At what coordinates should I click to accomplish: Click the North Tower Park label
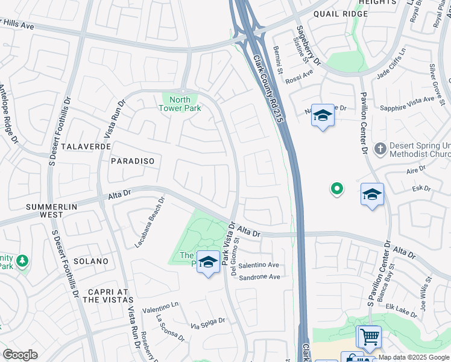pyautogui.click(x=180, y=104)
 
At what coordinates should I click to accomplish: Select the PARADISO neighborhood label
pyautogui.click(x=133, y=161)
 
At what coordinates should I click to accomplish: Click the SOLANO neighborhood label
pyautogui.click(x=90, y=261)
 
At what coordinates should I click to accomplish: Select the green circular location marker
pyautogui.click(x=337, y=189)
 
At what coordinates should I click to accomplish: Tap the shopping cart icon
pyautogui.click(x=370, y=336)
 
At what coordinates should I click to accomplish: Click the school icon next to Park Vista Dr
pyautogui.click(x=208, y=262)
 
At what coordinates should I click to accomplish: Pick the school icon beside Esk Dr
pyautogui.click(x=372, y=194)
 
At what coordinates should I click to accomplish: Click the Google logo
pyautogui.click(x=20, y=355)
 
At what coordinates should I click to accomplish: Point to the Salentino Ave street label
pyautogui.click(x=259, y=265)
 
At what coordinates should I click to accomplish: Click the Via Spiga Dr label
pyautogui.click(x=207, y=323)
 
